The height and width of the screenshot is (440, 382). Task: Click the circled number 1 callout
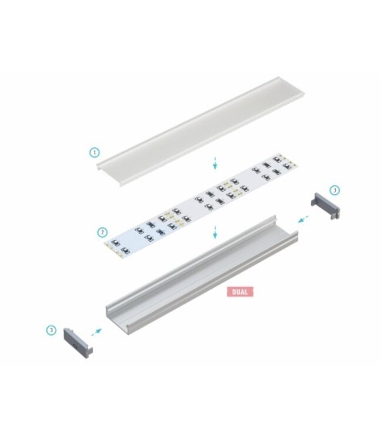click(x=95, y=153)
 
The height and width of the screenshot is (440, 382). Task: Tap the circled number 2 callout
click(x=102, y=232)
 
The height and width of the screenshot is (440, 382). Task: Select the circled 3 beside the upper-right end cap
click(x=334, y=190)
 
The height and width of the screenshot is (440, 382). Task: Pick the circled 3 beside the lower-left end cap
click(x=51, y=330)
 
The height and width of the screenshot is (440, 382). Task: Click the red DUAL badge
click(x=240, y=291)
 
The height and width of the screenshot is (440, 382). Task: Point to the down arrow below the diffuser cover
click(x=216, y=163)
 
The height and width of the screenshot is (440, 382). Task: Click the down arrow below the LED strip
click(x=216, y=232)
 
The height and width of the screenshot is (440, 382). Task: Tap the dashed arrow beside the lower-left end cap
click(x=95, y=333)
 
